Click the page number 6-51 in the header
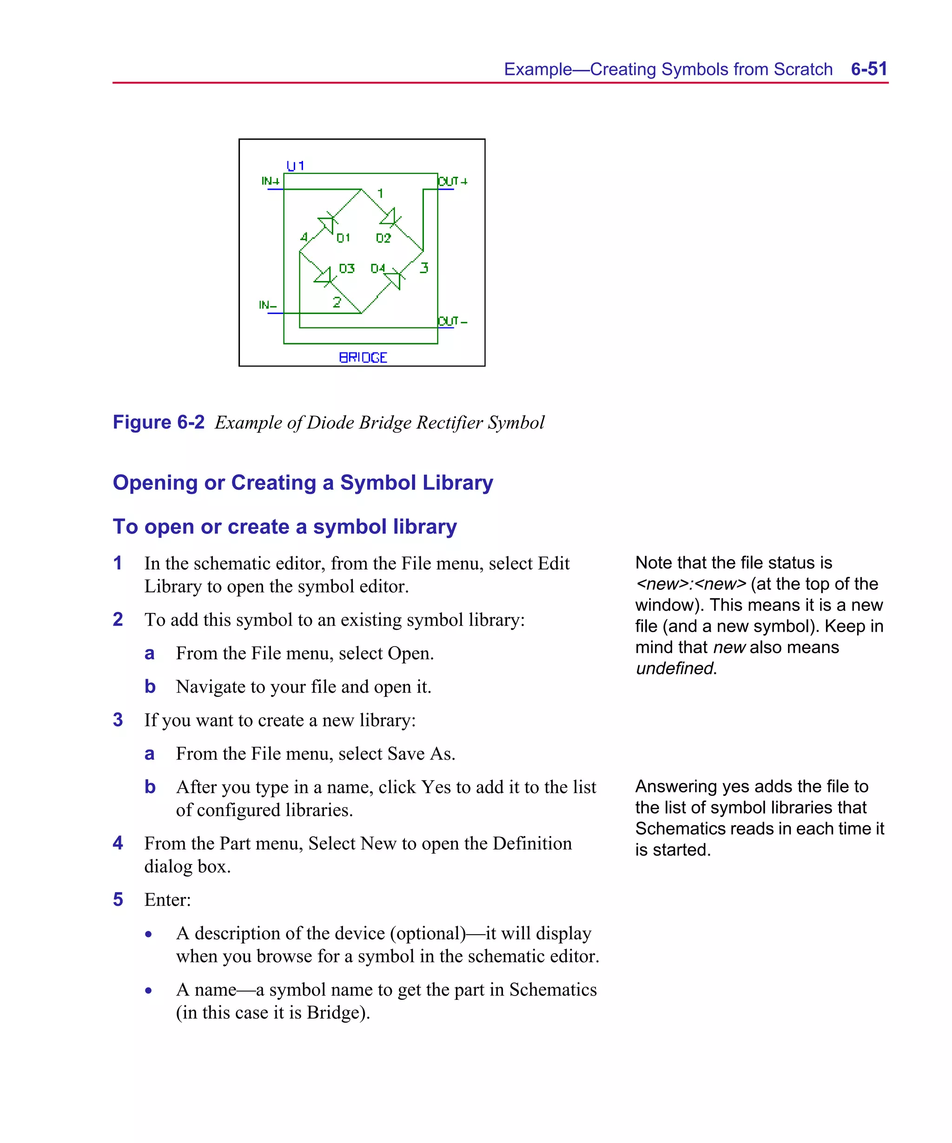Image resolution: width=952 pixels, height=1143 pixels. coord(868,69)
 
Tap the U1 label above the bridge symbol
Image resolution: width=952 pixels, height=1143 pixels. coord(295,166)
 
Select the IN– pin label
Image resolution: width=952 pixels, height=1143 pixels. coord(268,305)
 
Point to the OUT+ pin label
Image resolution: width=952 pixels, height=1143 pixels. coord(453,181)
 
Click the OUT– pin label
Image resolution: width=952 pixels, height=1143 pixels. coord(453,321)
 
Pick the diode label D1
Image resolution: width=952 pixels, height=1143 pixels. coord(343,238)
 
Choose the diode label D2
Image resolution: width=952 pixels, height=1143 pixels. coord(383,238)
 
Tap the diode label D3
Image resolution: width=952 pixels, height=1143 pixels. coord(346,268)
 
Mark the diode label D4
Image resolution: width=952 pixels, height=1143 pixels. coord(378,268)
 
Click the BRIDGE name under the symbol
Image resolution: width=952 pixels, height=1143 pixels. coord(363,358)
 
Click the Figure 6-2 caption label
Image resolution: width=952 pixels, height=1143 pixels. coord(159,422)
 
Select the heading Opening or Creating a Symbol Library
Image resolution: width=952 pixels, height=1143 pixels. coord(303,483)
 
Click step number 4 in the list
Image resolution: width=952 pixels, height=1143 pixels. coord(118,843)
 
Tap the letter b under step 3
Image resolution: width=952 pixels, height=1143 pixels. coord(150,787)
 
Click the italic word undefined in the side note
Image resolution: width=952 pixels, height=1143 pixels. coord(674,668)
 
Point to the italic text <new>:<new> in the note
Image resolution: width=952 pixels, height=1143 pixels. coord(691,584)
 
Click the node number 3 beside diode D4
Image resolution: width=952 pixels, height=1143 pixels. coord(424,268)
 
